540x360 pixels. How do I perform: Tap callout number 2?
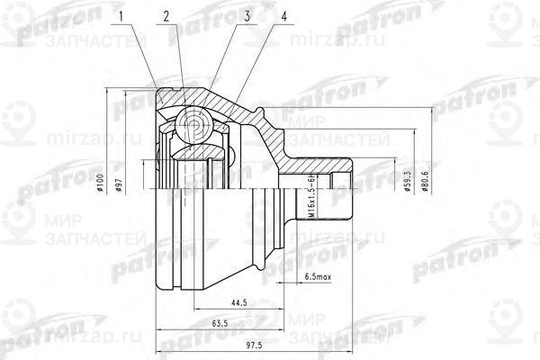coord(166,15)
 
